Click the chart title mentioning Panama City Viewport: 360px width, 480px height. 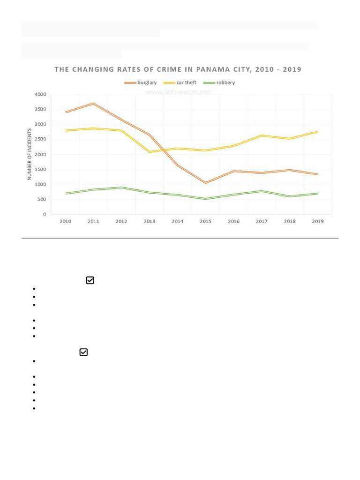178,69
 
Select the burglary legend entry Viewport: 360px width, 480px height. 141,82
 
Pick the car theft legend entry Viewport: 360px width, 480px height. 180,82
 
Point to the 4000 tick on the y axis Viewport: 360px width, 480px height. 40,95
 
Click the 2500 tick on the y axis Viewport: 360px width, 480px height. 40,140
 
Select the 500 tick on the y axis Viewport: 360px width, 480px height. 42,200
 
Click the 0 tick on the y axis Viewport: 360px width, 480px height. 45,215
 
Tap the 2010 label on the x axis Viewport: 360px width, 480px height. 66,221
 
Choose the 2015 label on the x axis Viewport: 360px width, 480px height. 205,221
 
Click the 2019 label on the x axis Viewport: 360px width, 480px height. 318,221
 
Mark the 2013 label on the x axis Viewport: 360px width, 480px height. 150,221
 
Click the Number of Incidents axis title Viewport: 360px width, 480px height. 30,154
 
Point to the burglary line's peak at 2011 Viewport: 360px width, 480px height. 94,104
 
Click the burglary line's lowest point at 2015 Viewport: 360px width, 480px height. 205,183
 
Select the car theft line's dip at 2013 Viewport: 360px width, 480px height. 150,152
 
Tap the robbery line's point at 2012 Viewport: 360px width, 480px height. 121,187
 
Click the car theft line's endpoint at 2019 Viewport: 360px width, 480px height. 318,132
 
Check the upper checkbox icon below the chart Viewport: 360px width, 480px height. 90,280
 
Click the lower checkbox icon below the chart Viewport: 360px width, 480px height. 83,352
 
